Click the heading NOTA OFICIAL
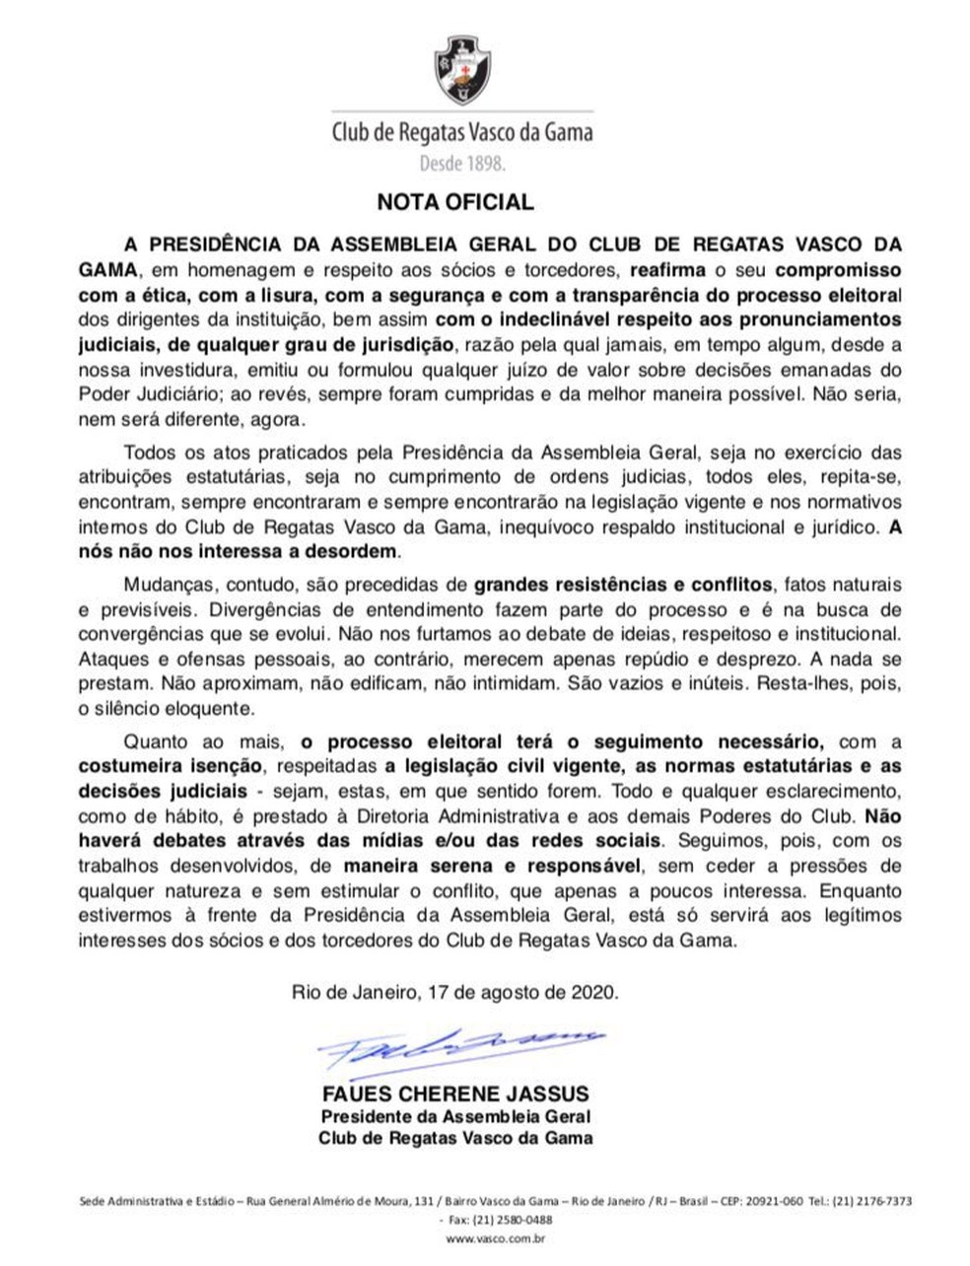pyautogui.click(x=455, y=203)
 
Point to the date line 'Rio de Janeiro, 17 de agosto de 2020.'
pyautogui.click(x=455, y=991)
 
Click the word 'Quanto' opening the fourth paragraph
pyautogui.click(x=150, y=739)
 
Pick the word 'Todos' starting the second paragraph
pyautogui.click(x=146, y=454)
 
